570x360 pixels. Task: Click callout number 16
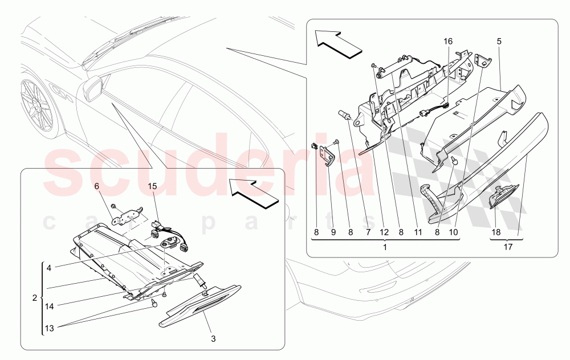point(448,41)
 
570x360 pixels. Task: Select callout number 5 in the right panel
point(499,41)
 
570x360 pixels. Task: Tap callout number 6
point(96,186)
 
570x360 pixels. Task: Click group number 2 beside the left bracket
point(35,298)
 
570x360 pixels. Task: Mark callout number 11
point(417,232)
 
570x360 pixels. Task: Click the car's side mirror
point(95,87)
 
